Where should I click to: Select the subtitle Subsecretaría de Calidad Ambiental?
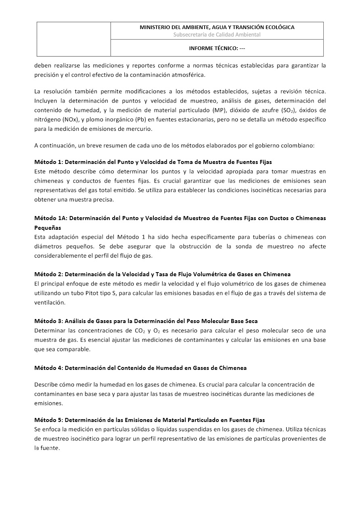(x=217, y=35)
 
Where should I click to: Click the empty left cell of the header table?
(x=74, y=39)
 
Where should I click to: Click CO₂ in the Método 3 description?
(x=138, y=331)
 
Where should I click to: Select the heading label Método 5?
(x=48, y=420)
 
